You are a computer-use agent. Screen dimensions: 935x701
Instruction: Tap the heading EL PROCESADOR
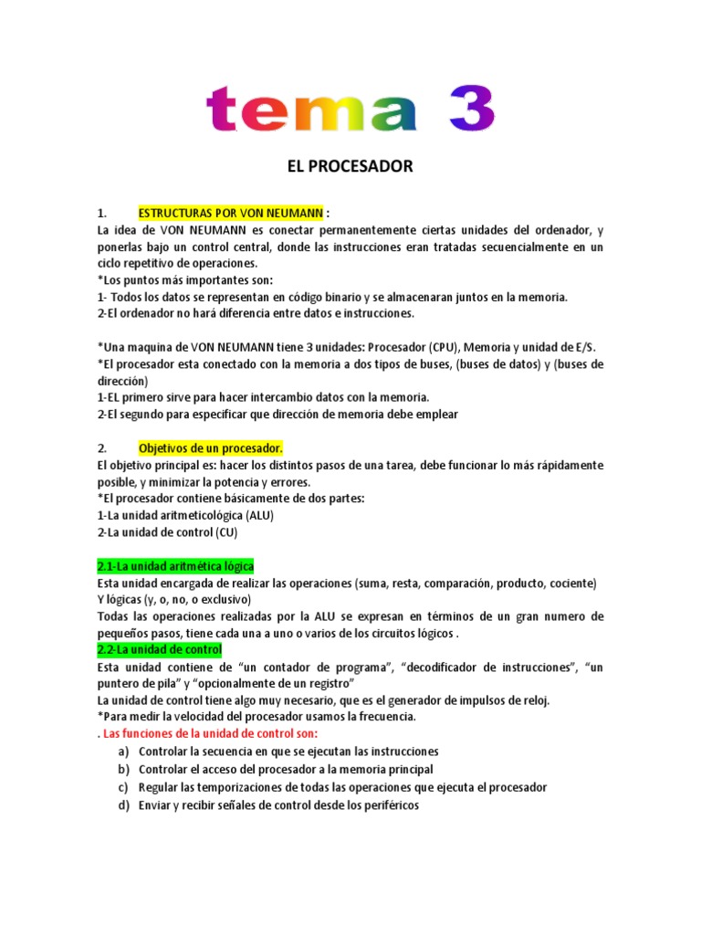click(x=350, y=166)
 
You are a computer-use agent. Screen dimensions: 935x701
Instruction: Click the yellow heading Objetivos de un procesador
click(x=211, y=448)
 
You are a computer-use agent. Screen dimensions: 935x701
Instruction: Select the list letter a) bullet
click(x=123, y=751)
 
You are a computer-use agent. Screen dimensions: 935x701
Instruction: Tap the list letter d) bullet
click(x=123, y=805)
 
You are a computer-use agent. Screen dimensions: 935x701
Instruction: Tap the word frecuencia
click(x=385, y=717)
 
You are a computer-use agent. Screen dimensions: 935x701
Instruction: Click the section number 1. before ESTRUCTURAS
click(x=102, y=213)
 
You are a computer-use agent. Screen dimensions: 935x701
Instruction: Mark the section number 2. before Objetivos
click(x=102, y=448)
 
